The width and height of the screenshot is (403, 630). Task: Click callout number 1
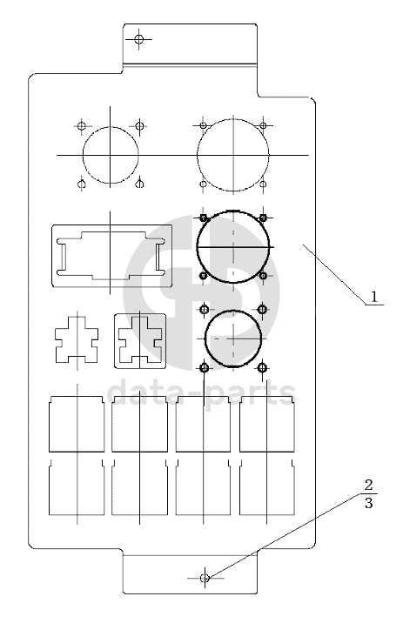374,297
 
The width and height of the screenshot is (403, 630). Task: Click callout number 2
368,486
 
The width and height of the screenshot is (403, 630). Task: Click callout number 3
368,503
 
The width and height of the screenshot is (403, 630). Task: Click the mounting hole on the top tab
139,39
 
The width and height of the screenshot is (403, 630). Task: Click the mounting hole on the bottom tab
205,578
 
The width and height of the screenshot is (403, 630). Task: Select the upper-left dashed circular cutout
84,155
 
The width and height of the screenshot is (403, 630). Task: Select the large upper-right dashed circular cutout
198,155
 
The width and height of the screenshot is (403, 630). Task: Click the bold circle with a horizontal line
197,246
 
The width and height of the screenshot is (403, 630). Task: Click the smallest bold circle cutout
205,338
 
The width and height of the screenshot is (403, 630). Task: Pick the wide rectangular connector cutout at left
52,256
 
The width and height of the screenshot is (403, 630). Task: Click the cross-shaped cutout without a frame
77,339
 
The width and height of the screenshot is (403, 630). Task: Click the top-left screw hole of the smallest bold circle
205,310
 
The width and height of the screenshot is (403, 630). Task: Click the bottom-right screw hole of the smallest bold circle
262,367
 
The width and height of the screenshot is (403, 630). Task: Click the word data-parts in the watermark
202,393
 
